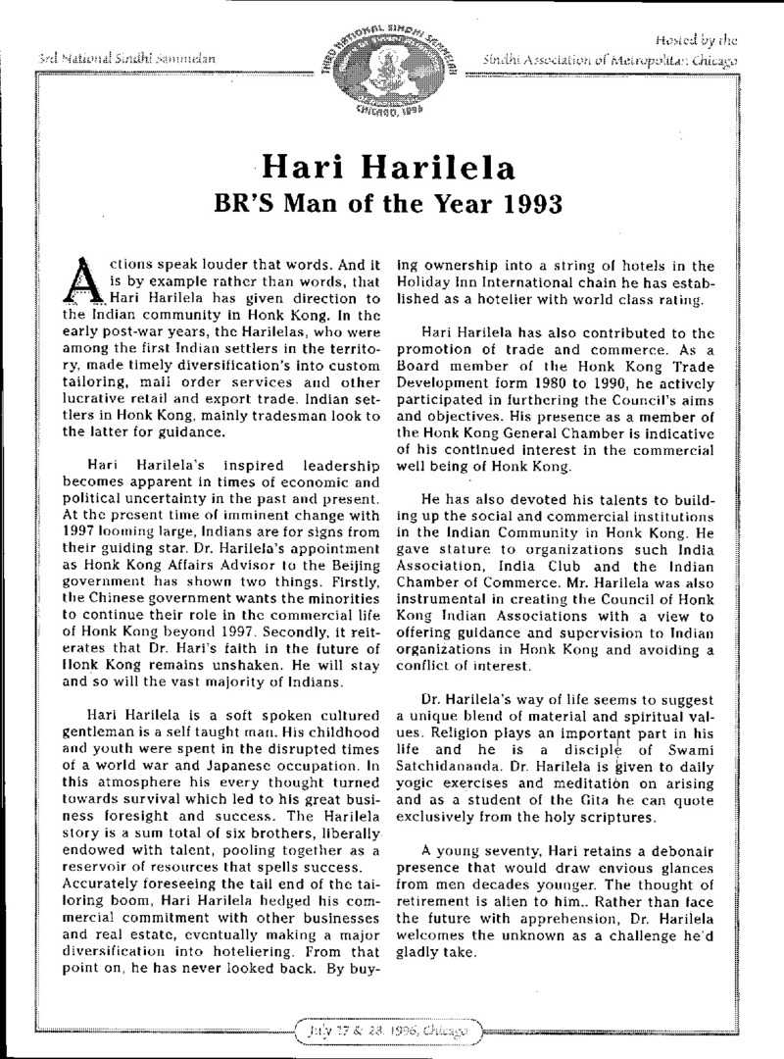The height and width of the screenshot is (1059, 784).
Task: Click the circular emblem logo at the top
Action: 393,59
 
